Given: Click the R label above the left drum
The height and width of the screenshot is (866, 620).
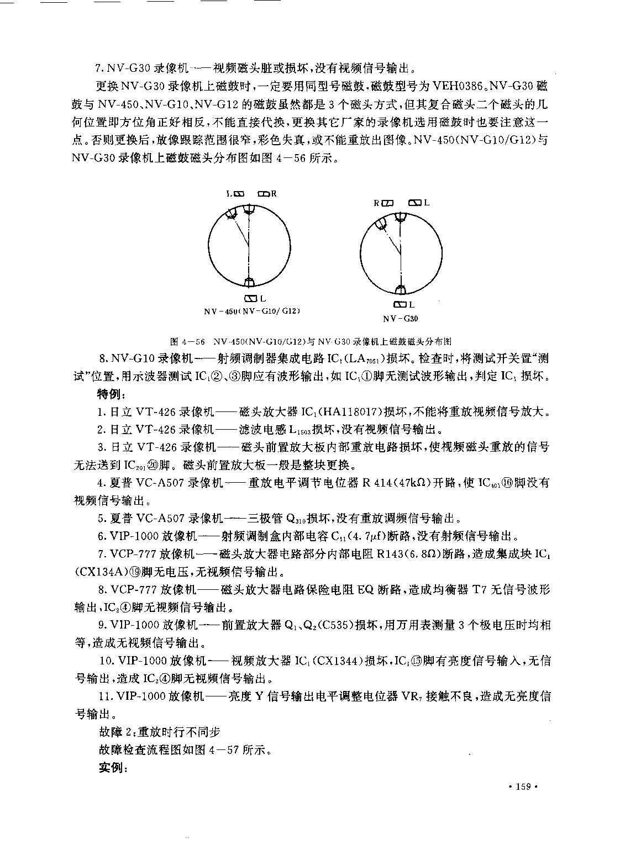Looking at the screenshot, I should click(x=274, y=194).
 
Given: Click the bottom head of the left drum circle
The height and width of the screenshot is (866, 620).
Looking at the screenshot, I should click(x=250, y=283).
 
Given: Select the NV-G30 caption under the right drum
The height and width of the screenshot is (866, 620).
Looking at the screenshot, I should click(x=400, y=319).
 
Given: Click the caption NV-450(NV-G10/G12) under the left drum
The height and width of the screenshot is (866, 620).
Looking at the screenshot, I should click(x=251, y=311).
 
